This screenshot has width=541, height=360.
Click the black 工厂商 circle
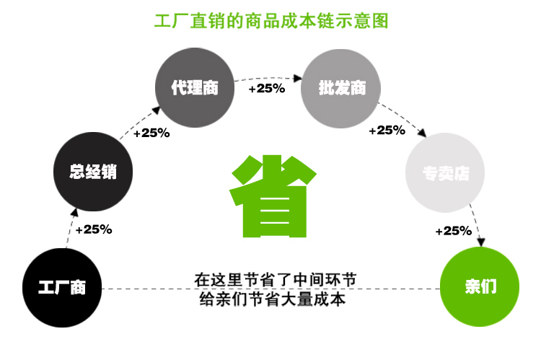tap(62, 287)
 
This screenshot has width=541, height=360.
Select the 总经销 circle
tap(93, 172)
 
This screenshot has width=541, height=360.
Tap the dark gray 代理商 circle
tap(195, 88)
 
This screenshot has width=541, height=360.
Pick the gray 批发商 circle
tap(342, 88)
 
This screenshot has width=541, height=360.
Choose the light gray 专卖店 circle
tap(446, 173)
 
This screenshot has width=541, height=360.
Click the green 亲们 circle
tap(480, 287)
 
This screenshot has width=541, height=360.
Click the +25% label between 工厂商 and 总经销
tap(94, 229)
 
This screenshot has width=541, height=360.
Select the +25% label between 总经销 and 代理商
tap(151, 133)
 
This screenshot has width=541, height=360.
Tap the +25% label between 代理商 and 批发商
tap(267, 89)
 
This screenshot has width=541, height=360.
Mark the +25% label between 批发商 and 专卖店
tap(387, 131)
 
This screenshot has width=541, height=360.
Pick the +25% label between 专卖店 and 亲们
tap(453, 231)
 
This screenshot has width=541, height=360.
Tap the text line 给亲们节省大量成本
tap(273, 298)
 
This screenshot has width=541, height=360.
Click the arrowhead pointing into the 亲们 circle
tap(477, 245)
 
